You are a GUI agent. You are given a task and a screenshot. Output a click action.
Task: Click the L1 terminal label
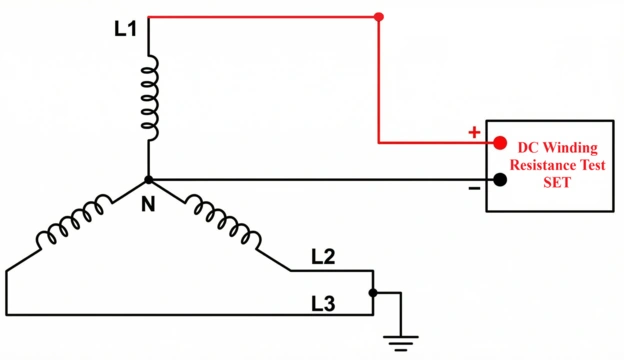(125, 30)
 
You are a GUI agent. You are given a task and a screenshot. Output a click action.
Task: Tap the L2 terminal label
(323, 257)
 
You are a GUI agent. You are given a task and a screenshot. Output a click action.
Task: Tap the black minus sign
(474, 186)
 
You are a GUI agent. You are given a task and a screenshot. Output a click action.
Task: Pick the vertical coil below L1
(149, 98)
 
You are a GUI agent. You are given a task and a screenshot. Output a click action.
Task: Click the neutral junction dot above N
(149, 180)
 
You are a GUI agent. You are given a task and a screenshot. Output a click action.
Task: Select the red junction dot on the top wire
(378, 17)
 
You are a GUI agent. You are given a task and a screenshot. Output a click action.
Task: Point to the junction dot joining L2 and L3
(372, 293)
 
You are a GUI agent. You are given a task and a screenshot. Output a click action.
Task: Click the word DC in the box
(527, 145)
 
